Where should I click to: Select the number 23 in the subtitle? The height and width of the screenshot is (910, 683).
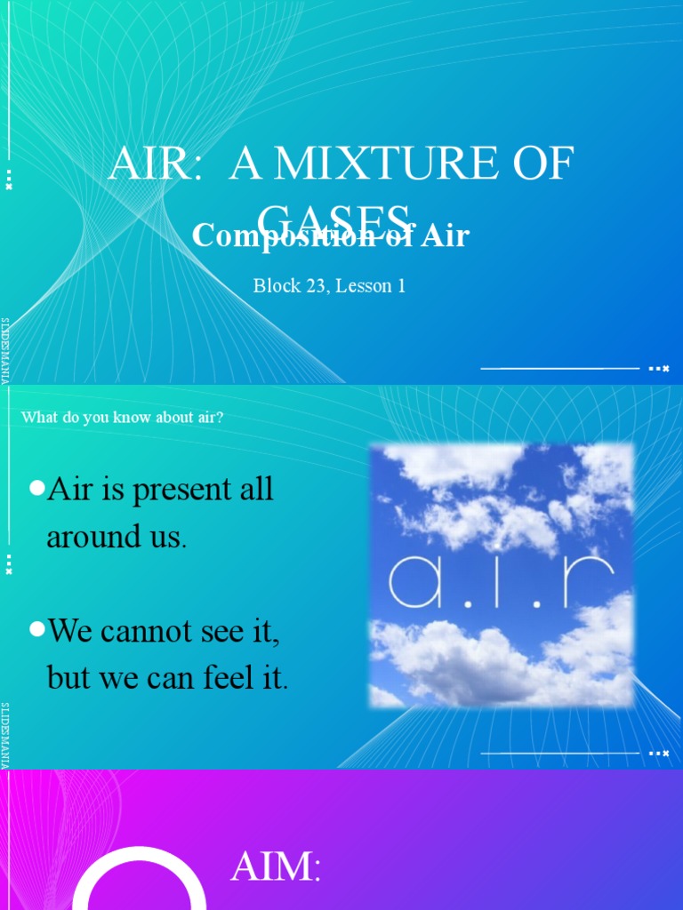(310, 286)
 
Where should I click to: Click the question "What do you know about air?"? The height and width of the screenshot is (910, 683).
(122, 417)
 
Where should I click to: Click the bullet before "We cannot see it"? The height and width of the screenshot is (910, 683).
(36, 629)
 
